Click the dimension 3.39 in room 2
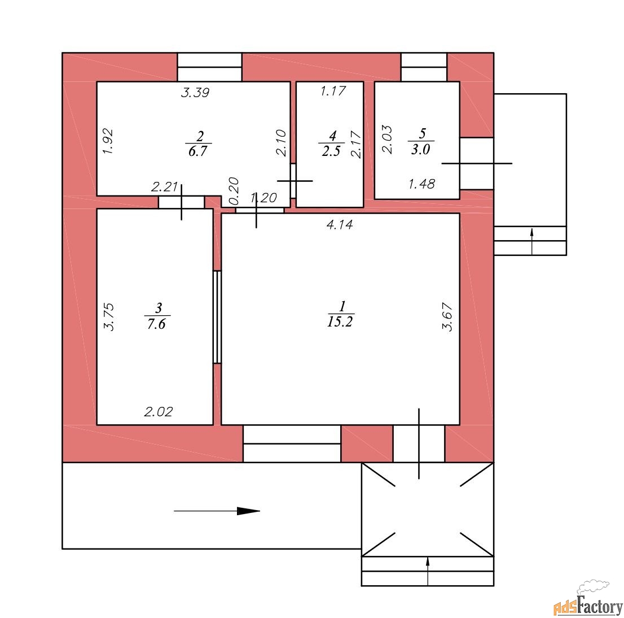pos(195,93)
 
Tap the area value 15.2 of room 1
pos(340,321)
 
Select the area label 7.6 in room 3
pos(156,324)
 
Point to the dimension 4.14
pos(340,225)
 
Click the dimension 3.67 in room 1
pos(447,317)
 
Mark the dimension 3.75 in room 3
pos(109,317)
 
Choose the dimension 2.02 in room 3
pos(159,412)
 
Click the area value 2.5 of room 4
pos(331,151)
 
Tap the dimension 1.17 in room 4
pos(333,91)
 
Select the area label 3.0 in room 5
pos(421,150)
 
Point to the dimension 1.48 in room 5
pos(422,184)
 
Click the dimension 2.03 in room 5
pos(387,140)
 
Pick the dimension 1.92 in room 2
pos(108,141)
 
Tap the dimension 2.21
pos(164,186)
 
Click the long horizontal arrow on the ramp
pos(217,511)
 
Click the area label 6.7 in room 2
pos(198,151)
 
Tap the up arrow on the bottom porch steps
pos(428,571)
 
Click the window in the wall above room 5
pos(424,67)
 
